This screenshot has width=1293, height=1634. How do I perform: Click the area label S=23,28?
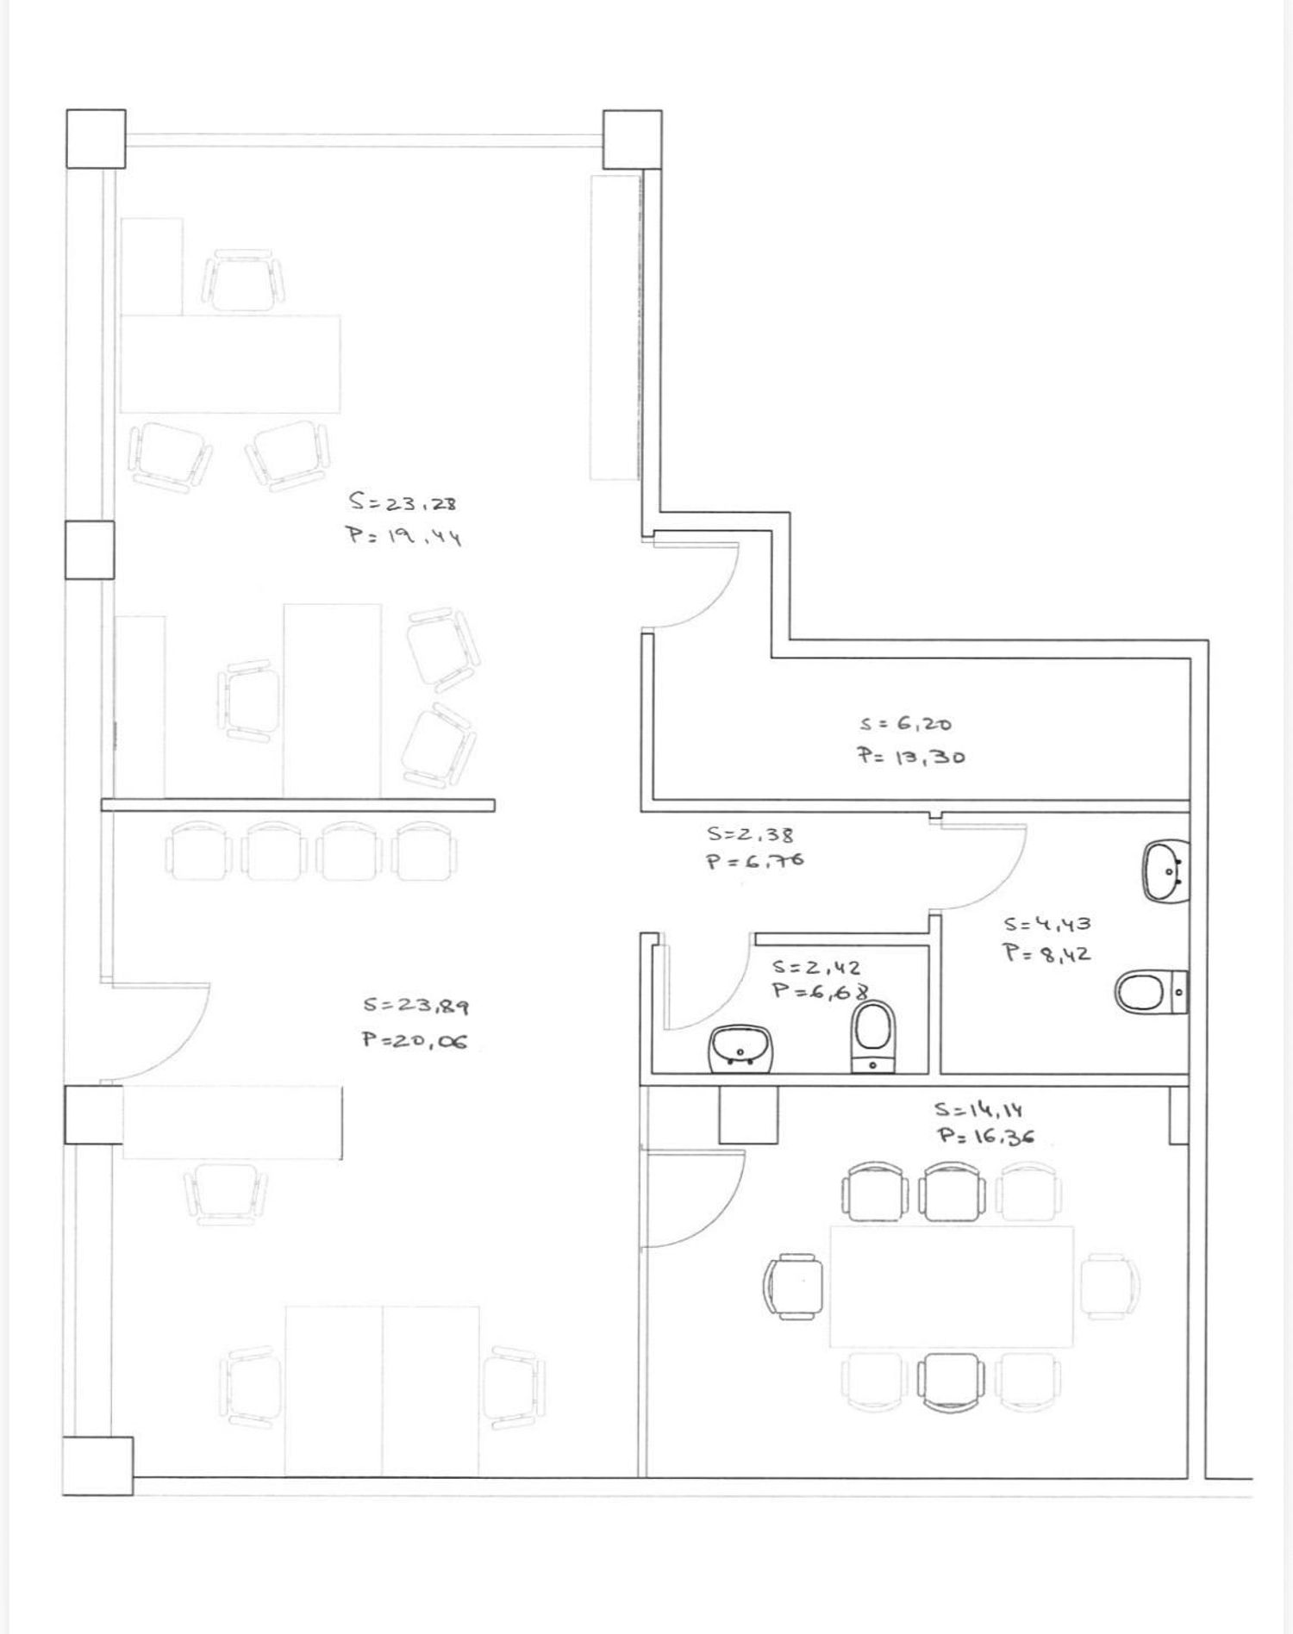click(403, 501)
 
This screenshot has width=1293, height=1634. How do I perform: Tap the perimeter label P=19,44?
click(404, 536)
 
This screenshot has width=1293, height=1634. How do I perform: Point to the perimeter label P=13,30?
click(910, 757)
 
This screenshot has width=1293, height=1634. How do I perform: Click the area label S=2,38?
click(751, 834)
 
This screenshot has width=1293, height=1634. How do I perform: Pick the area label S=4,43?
click(1047, 924)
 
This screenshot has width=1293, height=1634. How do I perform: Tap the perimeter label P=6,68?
click(819, 991)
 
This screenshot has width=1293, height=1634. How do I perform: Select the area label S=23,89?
click(415, 1005)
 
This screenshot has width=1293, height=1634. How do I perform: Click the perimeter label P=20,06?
click(415, 1040)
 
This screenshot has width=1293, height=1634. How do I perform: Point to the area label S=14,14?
click(978, 1110)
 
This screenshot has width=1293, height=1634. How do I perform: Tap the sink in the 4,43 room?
click(1166, 870)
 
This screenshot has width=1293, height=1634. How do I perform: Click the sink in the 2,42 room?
click(742, 1049)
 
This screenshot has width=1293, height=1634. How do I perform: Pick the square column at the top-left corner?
click(96, 139)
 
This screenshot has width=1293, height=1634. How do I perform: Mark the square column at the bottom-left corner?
click(98, 1465)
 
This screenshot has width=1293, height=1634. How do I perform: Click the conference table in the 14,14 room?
click(952, 1286)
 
